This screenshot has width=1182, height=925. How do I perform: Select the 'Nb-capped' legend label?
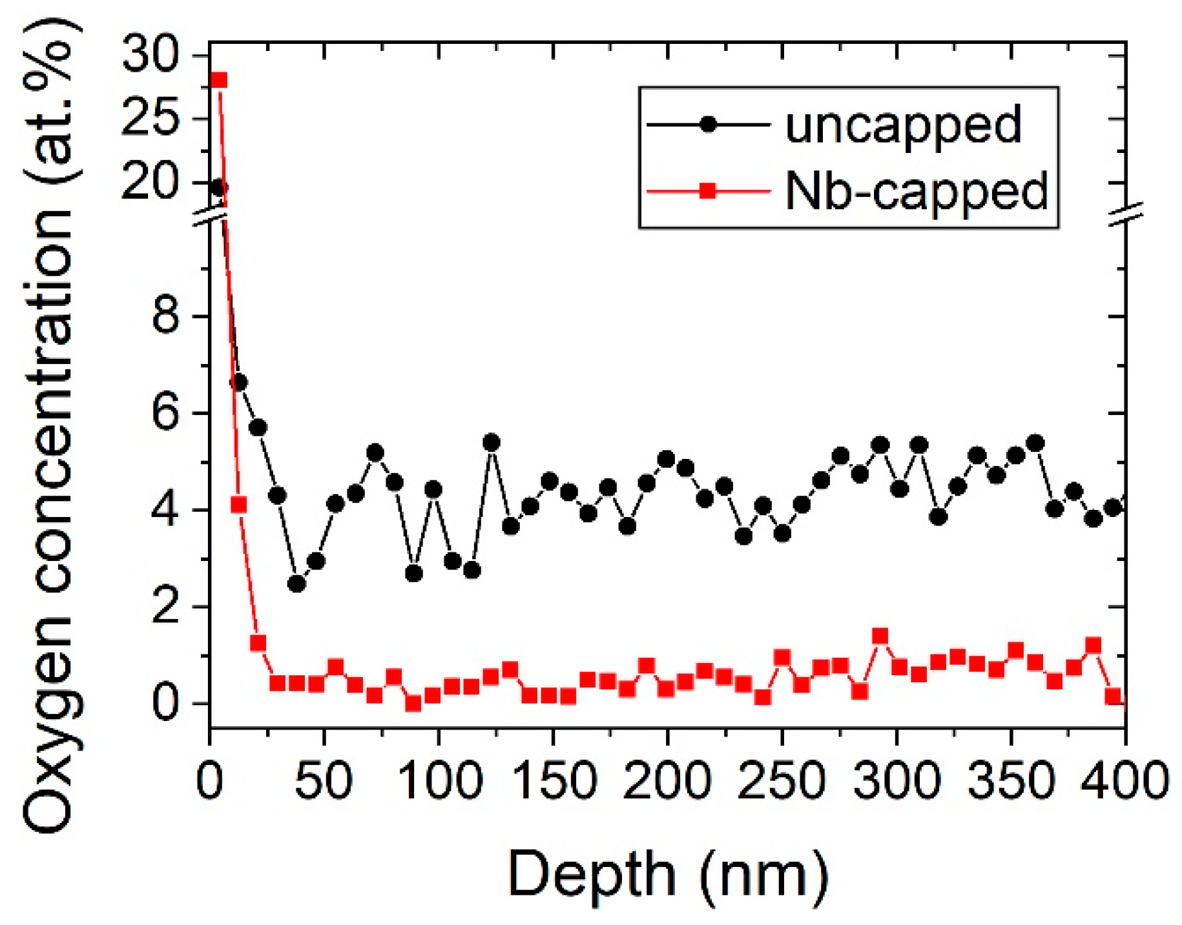click(x=916, y=192)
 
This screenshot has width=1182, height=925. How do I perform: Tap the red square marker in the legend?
click(x=708, y=191)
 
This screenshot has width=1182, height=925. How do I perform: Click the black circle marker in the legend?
click(x=708, y=125)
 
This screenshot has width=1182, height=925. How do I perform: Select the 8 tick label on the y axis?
click(x=166, y=316)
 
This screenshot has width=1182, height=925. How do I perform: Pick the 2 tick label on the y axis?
click(x=166, y=607)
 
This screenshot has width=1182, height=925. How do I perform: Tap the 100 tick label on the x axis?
click(x=439, y=781)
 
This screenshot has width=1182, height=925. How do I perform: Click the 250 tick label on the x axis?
click(x=782, y=781)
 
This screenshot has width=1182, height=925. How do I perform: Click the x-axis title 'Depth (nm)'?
click(x=669, y=875)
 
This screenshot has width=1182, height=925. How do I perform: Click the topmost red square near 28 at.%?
click(x=218, y=80)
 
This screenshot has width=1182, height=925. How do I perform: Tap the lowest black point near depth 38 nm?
click(x=296, y=584)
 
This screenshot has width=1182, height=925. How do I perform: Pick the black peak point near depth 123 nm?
click(x=491, y=443)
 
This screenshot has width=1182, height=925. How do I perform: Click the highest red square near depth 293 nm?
click(x=880, y=636)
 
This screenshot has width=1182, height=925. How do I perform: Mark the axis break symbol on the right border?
click(x=1126, y=215)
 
